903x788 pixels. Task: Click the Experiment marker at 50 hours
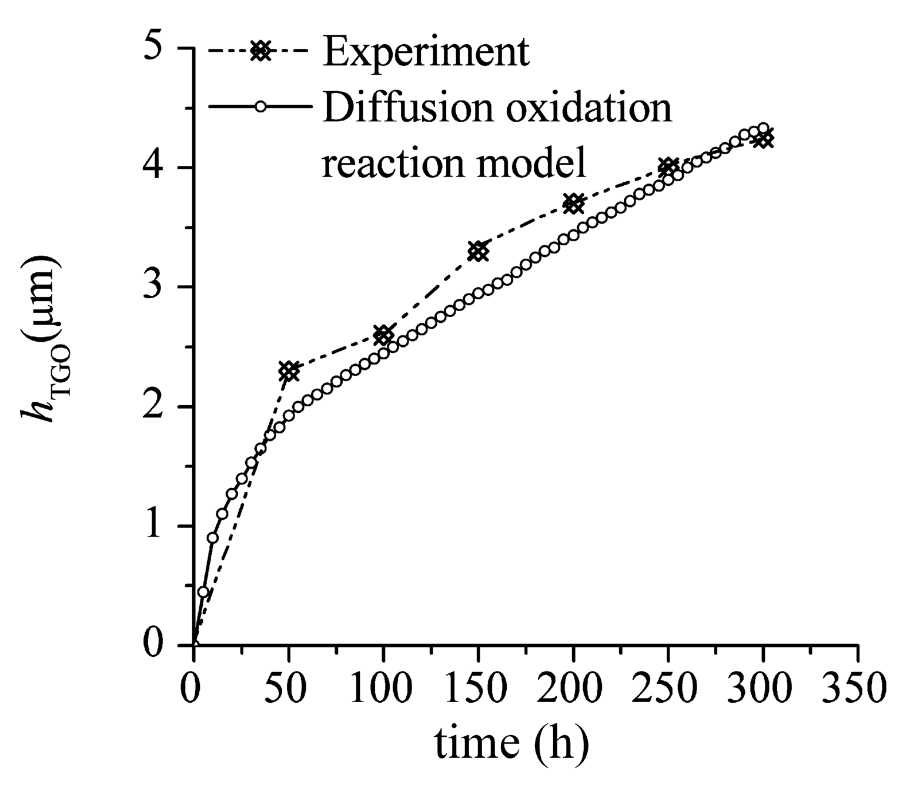pyautogui.click(x=288, y=371)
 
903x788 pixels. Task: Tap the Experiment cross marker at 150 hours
pyautogui.click(x=479, y=252)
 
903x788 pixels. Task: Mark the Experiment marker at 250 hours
pyautogui.click(x=668, y=168)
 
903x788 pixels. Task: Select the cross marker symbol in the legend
pyautogui.click(x=260, y=52)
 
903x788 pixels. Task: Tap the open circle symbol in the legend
pyautogui.click(x=260, y=106)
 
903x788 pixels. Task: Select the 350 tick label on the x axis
pyautogui.click(x=858, y=687)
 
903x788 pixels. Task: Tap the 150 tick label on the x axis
pyautogui.click(x=478, y=687)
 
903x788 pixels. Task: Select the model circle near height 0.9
pyautogui.click(x=213, y=537)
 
